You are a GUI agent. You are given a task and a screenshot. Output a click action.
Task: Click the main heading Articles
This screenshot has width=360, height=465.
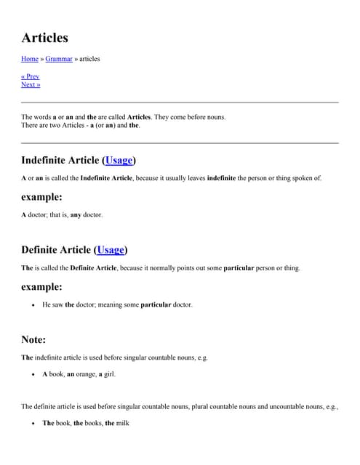[44, 37]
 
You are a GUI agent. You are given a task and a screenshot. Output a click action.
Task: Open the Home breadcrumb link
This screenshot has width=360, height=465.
[30, 59]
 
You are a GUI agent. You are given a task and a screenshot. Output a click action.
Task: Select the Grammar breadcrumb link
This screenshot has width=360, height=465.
[59, 59]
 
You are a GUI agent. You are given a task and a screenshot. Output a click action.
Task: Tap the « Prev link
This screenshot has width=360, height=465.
[31, 76]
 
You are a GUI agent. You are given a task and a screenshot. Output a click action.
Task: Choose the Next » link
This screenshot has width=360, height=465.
[31, 84]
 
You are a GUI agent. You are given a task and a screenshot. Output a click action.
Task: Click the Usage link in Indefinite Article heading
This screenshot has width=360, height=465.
[119, 160]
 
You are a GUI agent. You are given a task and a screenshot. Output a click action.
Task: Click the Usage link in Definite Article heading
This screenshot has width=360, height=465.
[111, 250]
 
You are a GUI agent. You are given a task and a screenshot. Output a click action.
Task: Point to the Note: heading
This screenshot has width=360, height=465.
[33, 339]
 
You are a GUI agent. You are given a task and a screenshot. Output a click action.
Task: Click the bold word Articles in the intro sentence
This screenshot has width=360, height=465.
[139, 117]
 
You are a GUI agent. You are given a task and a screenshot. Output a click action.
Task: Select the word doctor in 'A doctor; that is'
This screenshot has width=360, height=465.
[41, 215]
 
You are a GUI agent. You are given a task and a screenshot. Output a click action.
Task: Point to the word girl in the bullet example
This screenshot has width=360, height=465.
[108, 374]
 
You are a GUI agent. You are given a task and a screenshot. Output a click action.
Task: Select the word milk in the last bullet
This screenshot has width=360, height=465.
[122, 423]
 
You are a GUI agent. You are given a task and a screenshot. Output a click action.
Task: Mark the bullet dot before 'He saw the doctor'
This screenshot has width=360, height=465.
[33, 305]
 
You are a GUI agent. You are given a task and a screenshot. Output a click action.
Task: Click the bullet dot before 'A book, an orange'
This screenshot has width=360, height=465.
[33, 375]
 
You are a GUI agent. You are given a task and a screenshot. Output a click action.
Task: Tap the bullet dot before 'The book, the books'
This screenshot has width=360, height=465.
[33, 424]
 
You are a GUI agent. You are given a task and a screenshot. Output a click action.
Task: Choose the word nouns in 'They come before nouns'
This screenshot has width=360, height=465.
[215, 117]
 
